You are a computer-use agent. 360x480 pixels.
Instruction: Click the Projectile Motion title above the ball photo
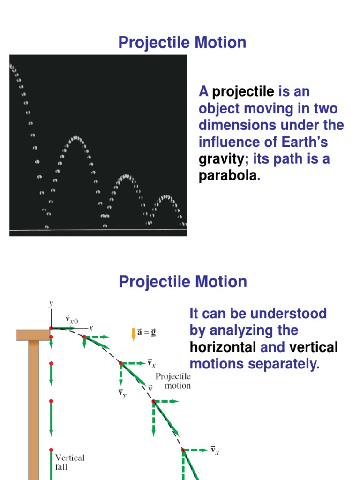182,43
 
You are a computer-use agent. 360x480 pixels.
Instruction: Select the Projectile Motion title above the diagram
183,282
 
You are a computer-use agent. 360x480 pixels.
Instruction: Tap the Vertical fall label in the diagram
70,462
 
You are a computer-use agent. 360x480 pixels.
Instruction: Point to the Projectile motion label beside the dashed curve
173,381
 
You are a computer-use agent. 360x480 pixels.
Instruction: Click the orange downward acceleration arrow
134,335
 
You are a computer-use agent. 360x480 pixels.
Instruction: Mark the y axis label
51,304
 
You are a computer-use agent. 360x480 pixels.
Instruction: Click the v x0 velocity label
71,320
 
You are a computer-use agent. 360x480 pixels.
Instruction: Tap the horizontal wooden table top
33,335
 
